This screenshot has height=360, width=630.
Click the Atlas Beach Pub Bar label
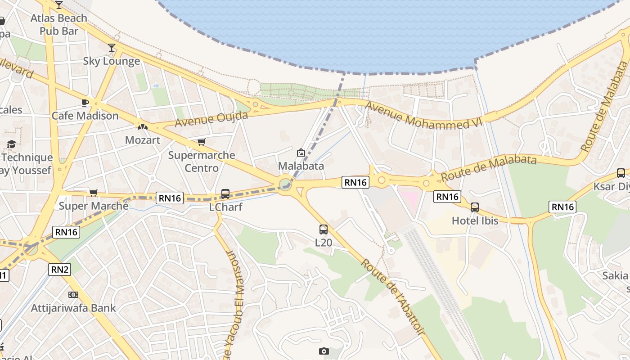tap(58, 25)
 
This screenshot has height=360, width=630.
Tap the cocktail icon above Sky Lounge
tap(112, 48)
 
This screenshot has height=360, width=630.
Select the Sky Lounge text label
tap(112, 61)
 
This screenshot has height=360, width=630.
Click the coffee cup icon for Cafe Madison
tap(85, 103)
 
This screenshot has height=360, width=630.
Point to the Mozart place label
tap(142, 140)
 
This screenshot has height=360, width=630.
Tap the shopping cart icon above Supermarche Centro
tap(201, 142)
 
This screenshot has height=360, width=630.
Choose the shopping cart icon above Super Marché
tap(94, 193)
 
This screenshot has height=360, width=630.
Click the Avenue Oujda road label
tap(211, 119)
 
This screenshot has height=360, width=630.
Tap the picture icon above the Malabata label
tap(301, 153)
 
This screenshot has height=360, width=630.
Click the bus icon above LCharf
tap(225, 194)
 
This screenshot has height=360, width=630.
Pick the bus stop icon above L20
tap(324, 229)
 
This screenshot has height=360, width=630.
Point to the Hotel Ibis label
tap(475, 221)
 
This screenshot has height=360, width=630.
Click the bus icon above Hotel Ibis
tap(475, 207)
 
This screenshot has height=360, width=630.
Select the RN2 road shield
tap(60, 270)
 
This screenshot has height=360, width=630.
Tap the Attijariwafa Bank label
tap(73, 308)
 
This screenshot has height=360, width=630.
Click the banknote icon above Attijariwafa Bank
tap(73, 295)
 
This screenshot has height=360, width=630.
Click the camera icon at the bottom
tap(324, 351)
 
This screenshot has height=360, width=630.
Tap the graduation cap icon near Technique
tap(11, 144)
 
